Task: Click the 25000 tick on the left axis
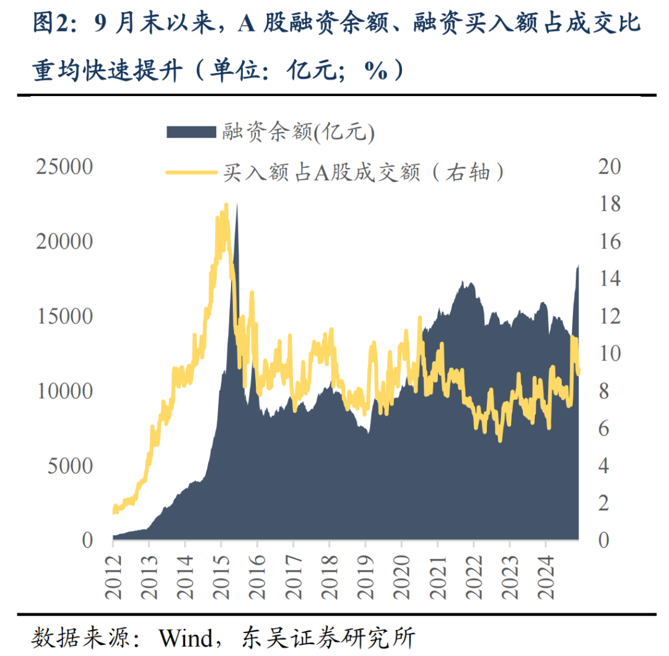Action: (x=64, y=167)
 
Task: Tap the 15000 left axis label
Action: (x=64, y=317)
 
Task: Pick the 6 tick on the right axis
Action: (x=603, y=429)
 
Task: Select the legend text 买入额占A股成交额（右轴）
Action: (x=364, y=172)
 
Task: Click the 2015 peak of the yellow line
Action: (x=226, y=205)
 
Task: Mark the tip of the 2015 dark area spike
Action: (x=236, y=204)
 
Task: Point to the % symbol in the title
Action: (x=375, y=71)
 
